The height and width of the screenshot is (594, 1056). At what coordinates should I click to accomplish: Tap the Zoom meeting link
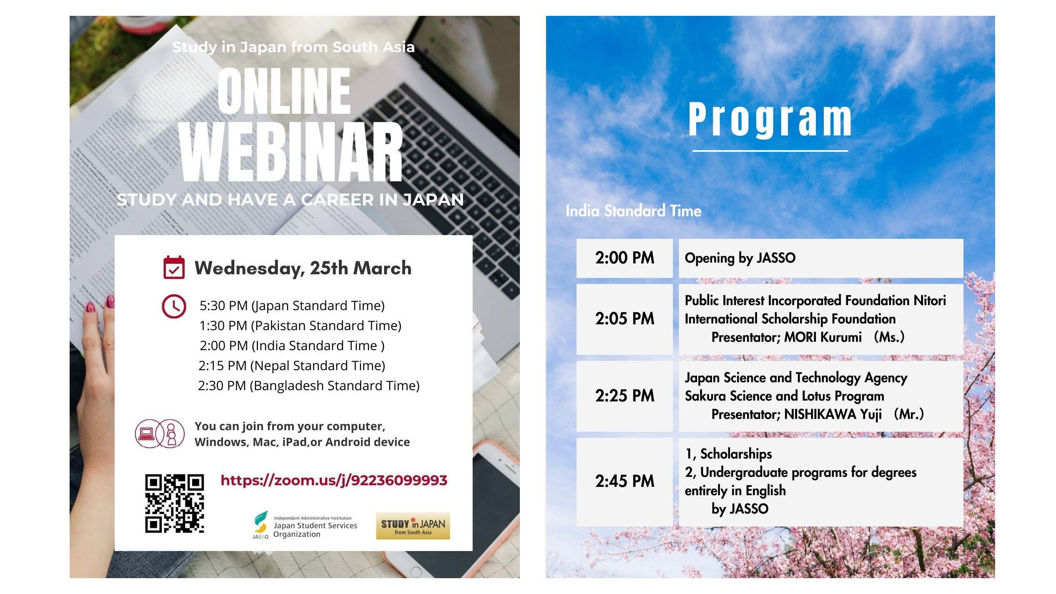(x=334, y=480)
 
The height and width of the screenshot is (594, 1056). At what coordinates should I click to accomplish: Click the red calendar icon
(x=174, y=267)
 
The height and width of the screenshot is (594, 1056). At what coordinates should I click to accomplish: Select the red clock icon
(x=173, y=306)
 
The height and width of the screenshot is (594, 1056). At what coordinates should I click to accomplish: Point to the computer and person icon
(x=160, y=434)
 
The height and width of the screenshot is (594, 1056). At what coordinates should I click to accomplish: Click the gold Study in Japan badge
(x=413, y=526)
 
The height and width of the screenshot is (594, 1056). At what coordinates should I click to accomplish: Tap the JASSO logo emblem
(x=261, y=524)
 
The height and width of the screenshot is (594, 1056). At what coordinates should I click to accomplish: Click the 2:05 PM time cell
(x=625, y=319)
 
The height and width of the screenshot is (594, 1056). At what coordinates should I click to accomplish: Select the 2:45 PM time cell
(x=625, y=481)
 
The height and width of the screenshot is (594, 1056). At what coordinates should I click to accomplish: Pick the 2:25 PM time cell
(x=625, y=396)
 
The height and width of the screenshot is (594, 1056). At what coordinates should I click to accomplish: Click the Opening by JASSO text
(x=740, y=258)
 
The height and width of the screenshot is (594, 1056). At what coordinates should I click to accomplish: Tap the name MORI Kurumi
(x=823, y=337)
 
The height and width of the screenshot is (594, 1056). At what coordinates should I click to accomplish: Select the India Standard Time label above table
(x=633, y=211)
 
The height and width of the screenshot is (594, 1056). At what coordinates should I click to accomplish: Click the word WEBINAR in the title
(x=291, y=153)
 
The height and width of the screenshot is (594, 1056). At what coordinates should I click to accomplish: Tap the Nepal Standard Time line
(x=292, y=366)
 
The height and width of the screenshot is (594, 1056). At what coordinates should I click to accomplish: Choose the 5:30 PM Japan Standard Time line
(x=292, y=306)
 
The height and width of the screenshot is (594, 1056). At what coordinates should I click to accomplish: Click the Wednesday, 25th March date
(x=303, y=268)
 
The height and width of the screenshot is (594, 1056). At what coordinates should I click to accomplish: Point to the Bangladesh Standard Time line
(x=309, y=386)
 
